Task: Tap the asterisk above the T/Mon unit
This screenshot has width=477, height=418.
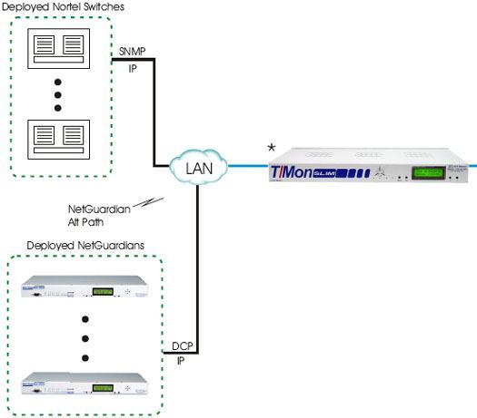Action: [271, 147]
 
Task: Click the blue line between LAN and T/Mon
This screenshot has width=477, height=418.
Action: [240, 167]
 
